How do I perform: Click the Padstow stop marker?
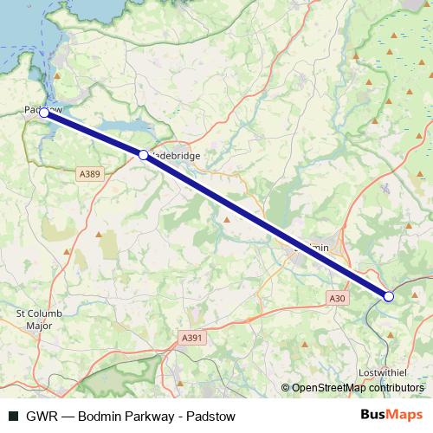point(43,113)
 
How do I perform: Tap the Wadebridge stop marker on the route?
point(144,155)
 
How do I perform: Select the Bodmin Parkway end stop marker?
point(389,297)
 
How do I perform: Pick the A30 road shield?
point(338,298)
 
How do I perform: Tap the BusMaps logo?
point(391,415)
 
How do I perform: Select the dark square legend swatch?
point(12,416)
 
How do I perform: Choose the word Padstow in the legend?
point(209,416)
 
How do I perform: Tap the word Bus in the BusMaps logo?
point(374,415)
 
